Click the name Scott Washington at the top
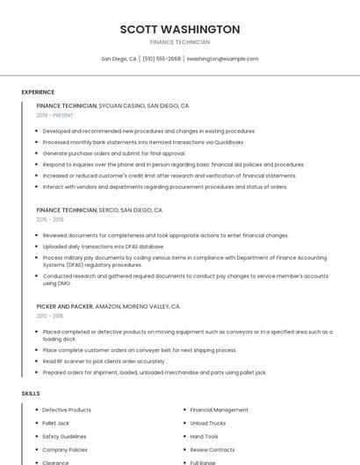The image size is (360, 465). point(180,29)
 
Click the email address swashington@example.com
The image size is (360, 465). point(222,59)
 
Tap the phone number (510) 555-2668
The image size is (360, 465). point(162,59)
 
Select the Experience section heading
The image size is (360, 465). point(38,92)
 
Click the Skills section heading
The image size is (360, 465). point(31,394)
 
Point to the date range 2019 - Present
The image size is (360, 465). point(54,115)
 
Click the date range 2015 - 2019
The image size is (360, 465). point(50,219)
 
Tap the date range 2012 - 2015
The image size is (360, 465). point(50,316)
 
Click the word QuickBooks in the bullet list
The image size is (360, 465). point(227,142)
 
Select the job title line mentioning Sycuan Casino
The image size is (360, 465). point(112,105)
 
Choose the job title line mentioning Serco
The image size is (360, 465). point(99,211)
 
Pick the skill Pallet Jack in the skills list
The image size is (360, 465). point(55,423)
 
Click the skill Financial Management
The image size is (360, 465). point(219,410)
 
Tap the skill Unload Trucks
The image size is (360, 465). point(207,423)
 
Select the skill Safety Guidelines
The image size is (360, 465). point(64,436)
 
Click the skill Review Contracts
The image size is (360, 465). point(212,449)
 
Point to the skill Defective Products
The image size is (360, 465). point(66,410)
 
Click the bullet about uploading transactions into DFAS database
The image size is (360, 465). point(103,247)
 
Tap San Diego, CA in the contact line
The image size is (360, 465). point(119,59)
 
